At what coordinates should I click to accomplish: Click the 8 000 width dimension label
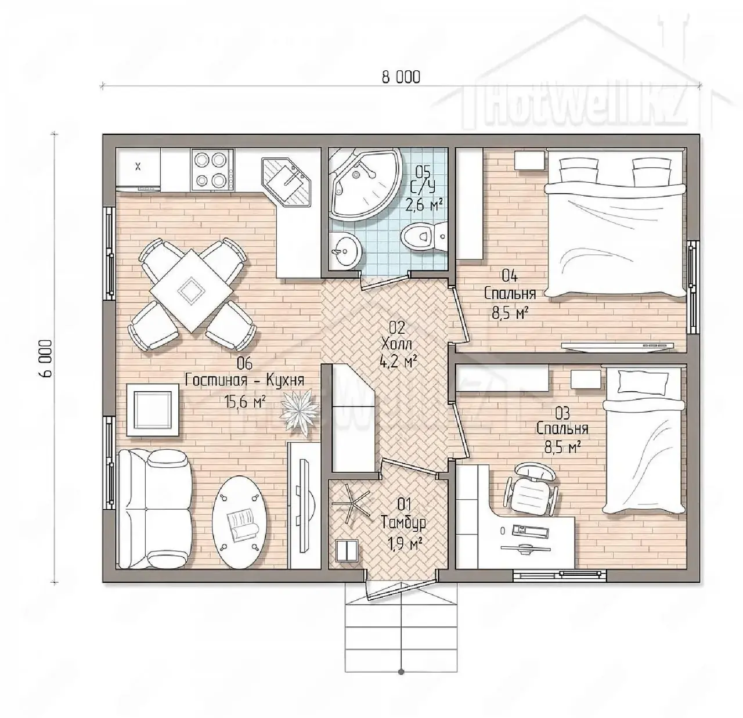point(401,77)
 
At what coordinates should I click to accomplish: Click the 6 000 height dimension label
point(45,358)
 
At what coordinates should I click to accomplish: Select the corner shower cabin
point(365,185)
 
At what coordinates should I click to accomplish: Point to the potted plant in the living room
point(300,412)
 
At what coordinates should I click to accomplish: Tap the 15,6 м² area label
point(246,403)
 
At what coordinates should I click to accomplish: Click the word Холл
point(396,344)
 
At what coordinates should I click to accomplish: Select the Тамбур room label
point(403,524)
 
